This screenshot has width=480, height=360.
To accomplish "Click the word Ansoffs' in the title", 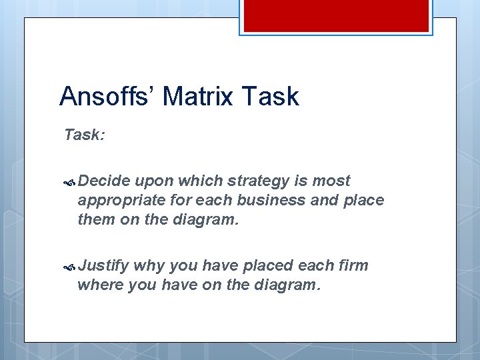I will (x=107, y=97).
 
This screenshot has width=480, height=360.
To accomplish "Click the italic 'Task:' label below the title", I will (x=84, y=135).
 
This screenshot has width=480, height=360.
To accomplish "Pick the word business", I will (x=285, y=199).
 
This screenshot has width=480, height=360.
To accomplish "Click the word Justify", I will (x=103, y=265).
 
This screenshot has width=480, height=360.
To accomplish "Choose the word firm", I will (x=353, y=265).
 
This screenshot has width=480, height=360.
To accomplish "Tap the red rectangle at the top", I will (x=335, y=15).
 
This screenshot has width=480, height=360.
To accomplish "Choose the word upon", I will (x=155, y=181).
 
